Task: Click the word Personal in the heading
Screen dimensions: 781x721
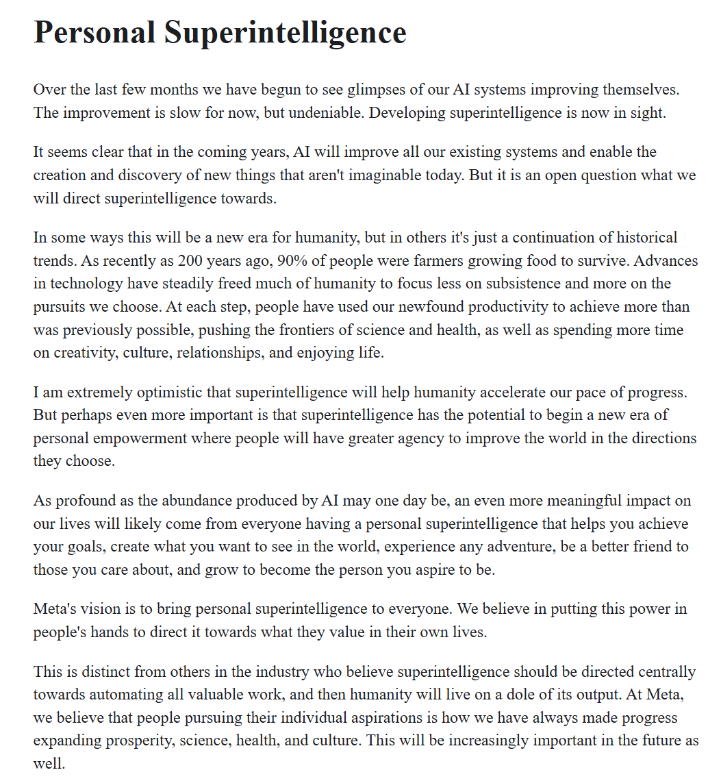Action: (x=94, y=32)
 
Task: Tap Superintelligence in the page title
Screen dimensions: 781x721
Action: (x=285, y=32)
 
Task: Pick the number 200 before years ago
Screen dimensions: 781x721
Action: (x=191, y=261)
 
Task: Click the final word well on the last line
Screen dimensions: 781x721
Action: (x=49, y=763)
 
